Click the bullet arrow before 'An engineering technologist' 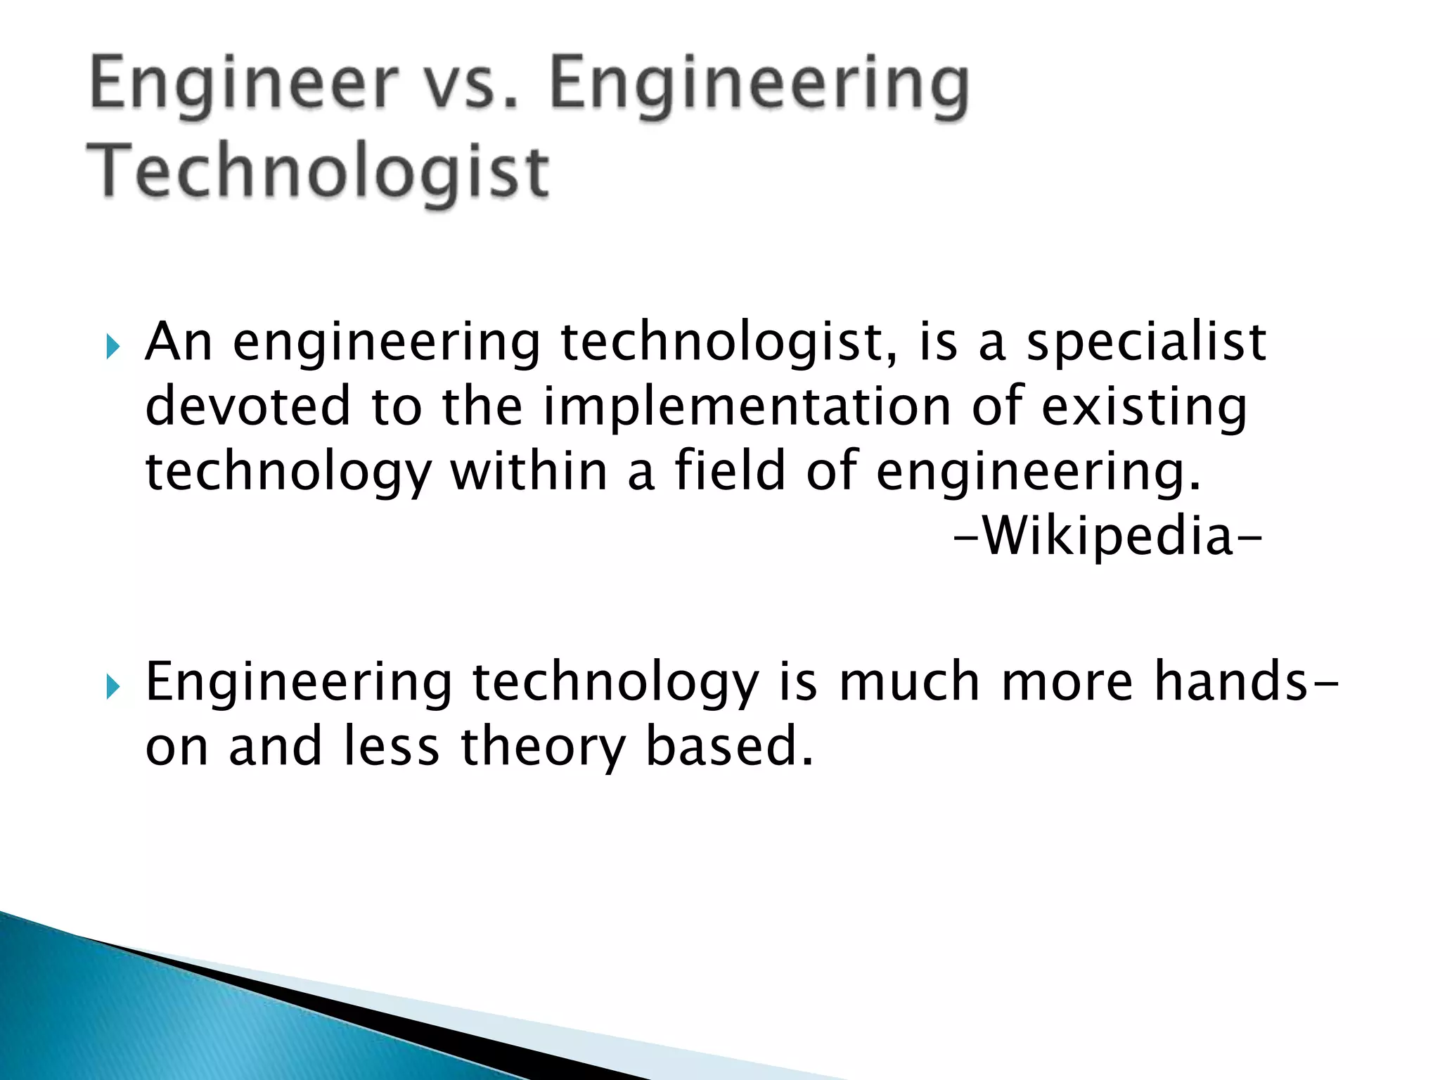(112, 346)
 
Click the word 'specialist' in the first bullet (1146, 342)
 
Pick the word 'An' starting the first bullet (179, 342)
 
